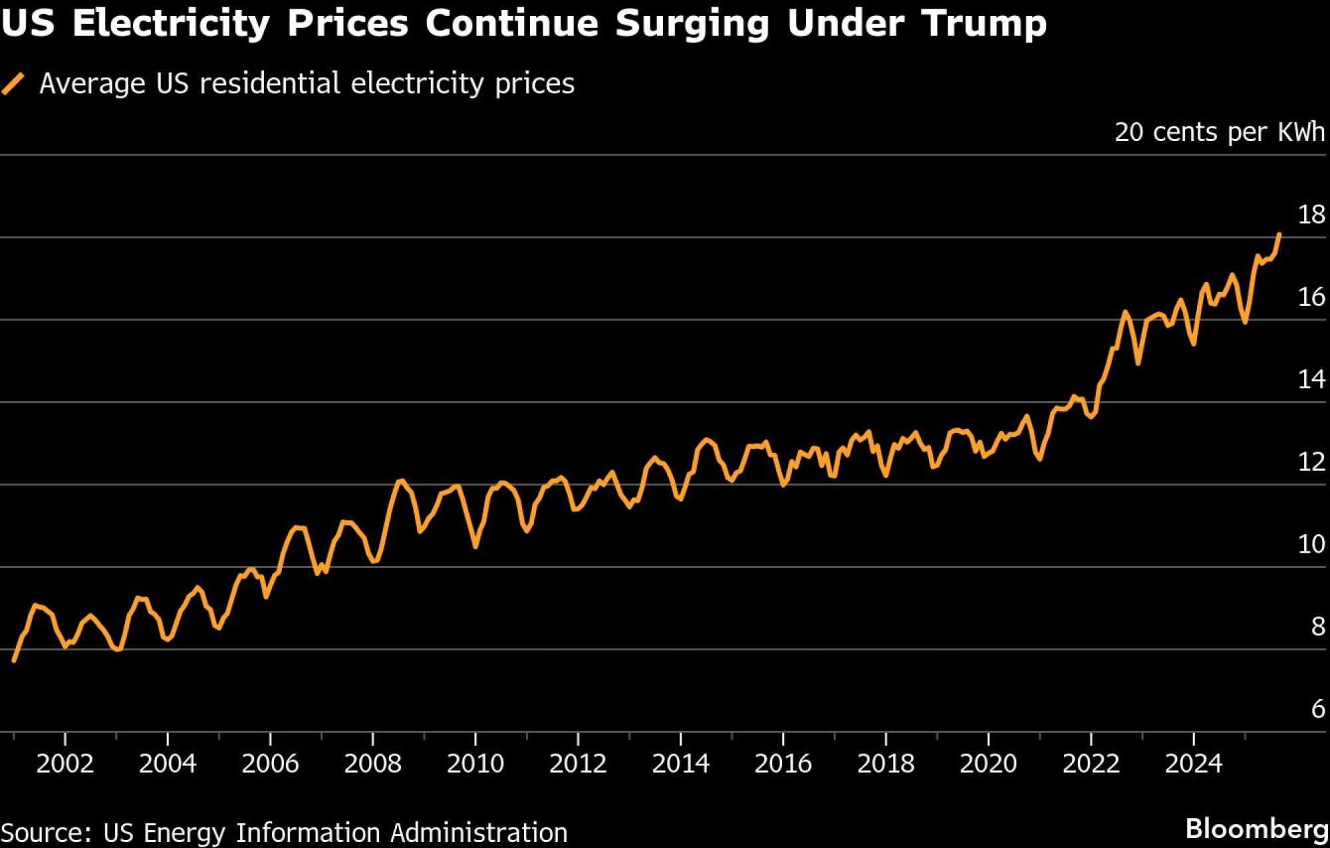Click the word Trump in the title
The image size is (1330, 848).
(x=984, y=24)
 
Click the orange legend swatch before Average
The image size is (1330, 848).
(x=13, y=84)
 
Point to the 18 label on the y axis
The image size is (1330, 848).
(x=1311, y=215)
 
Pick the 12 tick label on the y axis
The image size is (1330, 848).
(x=1311, y=462)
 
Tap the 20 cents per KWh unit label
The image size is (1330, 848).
(x=1220, y=132)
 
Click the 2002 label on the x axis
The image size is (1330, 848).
(x=65, y=764)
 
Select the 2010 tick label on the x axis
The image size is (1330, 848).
(x=475, y=764)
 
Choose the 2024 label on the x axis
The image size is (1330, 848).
(x=1193, y=764)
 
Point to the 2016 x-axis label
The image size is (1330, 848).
(x=783, y=764)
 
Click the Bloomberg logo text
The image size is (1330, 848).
(x=1256, y=829)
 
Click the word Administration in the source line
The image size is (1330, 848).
(x=479, y=833)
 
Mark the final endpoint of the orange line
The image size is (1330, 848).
(x=1279, y=234)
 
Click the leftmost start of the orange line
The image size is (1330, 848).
(x=14, y=660)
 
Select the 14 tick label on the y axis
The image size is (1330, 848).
(x=1311, y=380)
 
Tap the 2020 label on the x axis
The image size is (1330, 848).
(x=988, y=764)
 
